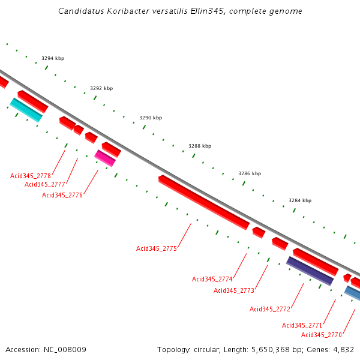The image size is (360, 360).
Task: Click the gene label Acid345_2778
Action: pos(31,176)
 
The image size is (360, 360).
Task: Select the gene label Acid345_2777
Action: pos(45,184)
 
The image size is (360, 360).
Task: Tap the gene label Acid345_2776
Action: pos(62,195)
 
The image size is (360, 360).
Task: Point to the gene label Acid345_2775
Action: pos(157,248)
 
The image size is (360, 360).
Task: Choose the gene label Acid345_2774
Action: pos(212,279)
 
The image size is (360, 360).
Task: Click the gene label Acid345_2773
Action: pos(234,290)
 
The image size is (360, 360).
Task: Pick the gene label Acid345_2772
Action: pos(270,309)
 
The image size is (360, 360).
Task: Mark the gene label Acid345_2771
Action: pos(302,325)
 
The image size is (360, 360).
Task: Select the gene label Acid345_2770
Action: pos(322,335)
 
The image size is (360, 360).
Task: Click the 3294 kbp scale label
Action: pos(53,59)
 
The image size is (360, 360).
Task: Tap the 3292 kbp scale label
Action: pos(101,88)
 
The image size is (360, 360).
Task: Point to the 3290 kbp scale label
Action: pos(151,118)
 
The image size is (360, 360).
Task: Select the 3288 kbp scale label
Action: pos(200,146)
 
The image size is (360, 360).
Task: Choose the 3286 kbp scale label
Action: pos(250,173)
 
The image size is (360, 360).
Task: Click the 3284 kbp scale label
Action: pos(300,200)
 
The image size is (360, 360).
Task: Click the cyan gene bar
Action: pos(26,110)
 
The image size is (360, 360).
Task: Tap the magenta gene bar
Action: pos(105,158)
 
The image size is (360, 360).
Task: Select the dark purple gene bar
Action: pos(310,271)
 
